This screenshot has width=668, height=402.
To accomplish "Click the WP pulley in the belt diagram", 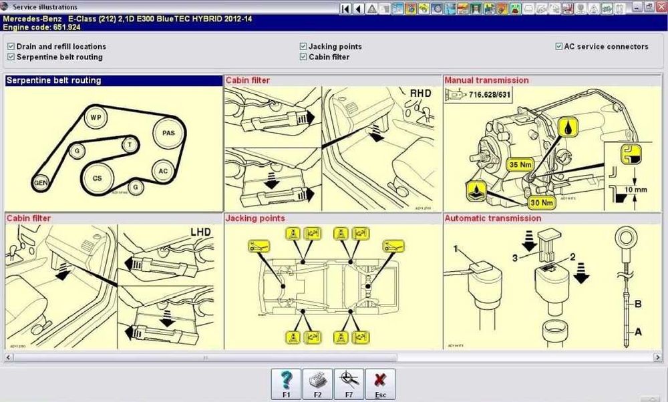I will [96, 118].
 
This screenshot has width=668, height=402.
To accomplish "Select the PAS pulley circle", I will [168, 133].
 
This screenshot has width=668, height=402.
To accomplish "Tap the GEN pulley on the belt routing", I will [41, 182].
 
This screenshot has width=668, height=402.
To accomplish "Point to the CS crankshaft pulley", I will [98, 178].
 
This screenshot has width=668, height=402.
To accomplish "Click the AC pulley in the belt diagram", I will [164, 171].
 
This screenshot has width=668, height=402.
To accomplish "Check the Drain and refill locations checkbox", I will [11, 47].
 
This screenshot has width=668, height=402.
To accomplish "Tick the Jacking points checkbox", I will [303, 47].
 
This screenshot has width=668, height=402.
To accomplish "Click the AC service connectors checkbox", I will [558, 47].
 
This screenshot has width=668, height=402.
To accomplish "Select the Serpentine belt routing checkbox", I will [11, 57].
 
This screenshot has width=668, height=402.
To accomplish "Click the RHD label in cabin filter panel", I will [420, 93].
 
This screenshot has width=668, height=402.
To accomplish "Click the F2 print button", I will [317, 384].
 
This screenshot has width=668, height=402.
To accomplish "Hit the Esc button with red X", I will [380, 384].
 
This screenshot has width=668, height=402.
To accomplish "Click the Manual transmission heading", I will [486, 80].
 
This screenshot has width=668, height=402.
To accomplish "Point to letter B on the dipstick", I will [637, 304].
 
